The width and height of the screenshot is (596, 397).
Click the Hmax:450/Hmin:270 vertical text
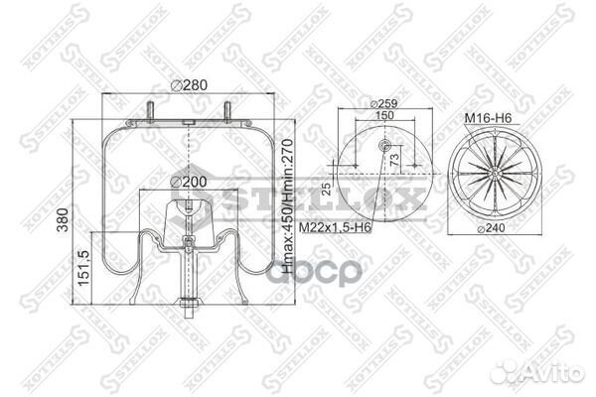coord(288,198)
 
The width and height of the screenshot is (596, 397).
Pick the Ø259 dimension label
coord(383,102)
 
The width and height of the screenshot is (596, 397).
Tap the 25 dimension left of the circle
coord(325,189)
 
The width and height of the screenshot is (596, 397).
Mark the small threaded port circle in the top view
coord(382,146)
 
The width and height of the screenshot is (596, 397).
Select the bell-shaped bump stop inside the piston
coord(189,218)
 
